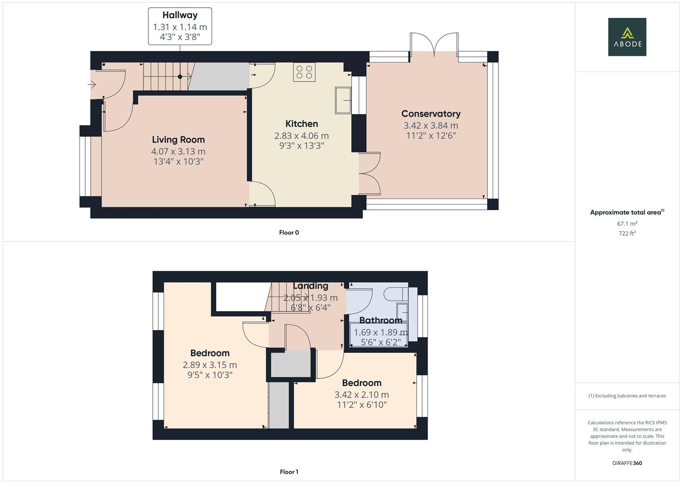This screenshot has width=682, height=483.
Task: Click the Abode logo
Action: click(627, 37)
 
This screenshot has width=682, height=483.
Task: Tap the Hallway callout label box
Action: click(180, 26)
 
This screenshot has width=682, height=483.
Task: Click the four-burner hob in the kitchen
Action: click(304, 72)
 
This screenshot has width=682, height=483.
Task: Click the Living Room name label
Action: click(178, 140)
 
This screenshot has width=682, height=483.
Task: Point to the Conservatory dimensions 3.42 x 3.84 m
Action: click(431, 126)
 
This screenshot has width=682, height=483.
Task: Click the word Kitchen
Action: click(301, 124)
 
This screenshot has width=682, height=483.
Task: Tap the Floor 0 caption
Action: click(289, 233)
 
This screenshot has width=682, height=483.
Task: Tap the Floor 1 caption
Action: click(289, 472)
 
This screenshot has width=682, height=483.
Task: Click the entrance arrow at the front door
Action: click(92, 85)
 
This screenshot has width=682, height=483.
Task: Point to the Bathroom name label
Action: click(381, 320)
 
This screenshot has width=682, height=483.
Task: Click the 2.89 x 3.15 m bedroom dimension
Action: click(209, 365)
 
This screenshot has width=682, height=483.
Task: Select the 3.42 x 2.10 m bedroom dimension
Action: click(361, 395)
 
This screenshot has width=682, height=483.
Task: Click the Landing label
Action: click(310, 286)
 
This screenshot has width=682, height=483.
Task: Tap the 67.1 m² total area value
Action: click(627, 224)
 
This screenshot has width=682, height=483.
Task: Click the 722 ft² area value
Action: click(627, 233)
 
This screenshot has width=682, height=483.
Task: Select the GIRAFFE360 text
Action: click(627, 463)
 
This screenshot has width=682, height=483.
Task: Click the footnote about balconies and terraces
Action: click(627, 396)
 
